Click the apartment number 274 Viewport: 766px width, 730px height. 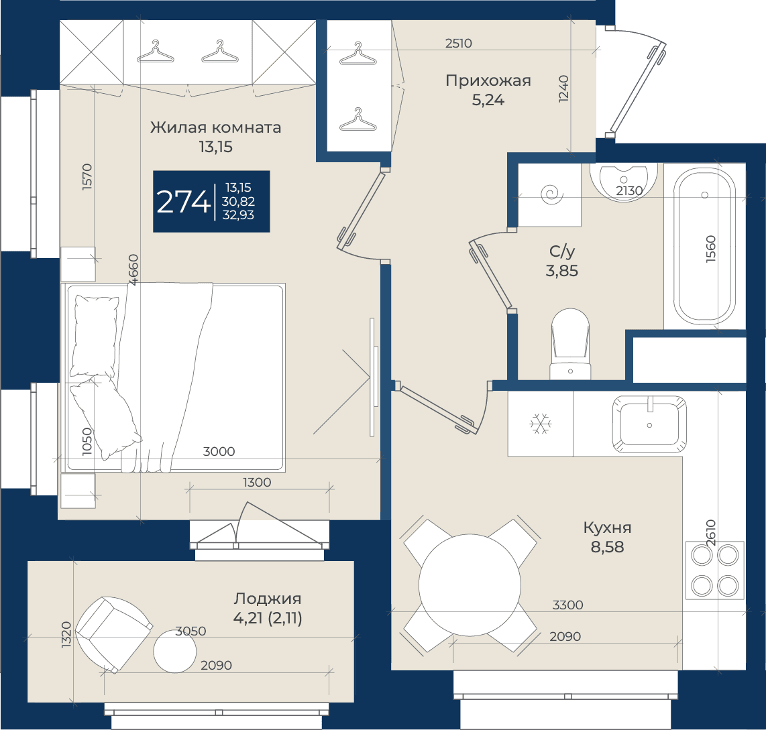tap(183, 201)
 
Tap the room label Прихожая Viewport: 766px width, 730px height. tap(488, 81)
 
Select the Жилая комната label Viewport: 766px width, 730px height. tap(215, 127)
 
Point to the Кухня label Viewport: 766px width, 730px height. tap(607, 528)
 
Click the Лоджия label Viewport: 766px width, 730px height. tap(267, 599)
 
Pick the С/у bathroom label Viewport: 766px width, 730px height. tap(562, 251)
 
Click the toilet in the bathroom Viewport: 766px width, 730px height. tap(570, 344)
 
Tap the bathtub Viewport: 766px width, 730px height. tap(704, 247)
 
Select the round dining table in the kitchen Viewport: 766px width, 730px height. tap(470, 585)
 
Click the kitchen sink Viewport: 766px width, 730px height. tap(649, 424)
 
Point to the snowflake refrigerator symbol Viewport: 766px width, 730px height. tap(541, 424)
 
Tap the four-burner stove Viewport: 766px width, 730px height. tap(715, 570)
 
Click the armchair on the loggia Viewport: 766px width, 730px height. tap(113, 633)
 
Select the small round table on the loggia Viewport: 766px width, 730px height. tap(175, 652)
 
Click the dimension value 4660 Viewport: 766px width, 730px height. tap(133, 269)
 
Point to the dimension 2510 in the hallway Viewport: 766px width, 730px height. tap(459, 44)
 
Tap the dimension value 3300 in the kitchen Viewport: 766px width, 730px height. tap(567, 605)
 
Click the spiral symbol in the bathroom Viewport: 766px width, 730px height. tap(552, 195)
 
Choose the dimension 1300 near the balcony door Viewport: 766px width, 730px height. tap(257, 483)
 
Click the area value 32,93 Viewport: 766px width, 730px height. tap(238, 215)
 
